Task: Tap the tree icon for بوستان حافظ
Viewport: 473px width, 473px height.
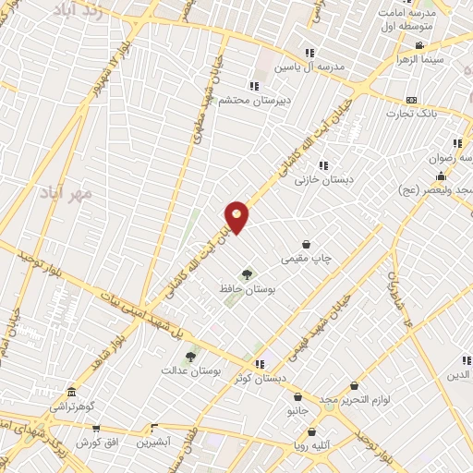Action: pos(247,273)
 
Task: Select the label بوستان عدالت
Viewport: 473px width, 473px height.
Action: pos(191,370)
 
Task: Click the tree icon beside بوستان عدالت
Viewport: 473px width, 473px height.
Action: pos(190,356)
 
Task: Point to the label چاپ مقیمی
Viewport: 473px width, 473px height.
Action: pos(307,259)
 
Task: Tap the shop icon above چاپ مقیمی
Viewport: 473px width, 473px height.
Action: pos(306,244)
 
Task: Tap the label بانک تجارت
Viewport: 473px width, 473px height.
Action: pos(411,115)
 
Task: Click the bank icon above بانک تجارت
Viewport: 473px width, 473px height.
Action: pos(411,100)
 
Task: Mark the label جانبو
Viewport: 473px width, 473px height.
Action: pos(297,409)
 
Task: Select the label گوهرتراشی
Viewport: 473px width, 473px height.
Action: pos(72,406)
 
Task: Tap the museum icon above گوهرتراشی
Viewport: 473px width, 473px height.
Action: pos(72,392)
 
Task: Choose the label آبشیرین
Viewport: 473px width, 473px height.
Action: pos(154,443)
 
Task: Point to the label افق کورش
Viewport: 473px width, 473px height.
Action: pos(97,443)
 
